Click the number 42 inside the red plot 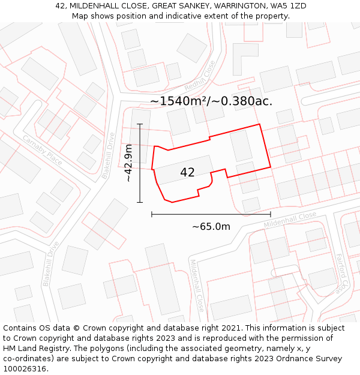187,172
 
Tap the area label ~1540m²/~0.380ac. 211,101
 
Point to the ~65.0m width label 211,226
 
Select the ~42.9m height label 128,163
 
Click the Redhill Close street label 200,76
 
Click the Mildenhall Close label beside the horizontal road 290,220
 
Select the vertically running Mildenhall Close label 197,285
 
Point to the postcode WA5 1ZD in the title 290,6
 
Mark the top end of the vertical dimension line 140,124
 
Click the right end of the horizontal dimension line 271,214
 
